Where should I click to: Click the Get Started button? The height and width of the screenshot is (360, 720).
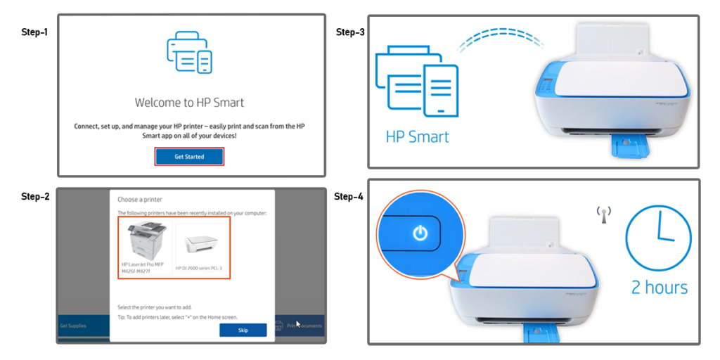point(189,157)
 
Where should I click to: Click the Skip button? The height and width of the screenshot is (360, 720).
point(243,330)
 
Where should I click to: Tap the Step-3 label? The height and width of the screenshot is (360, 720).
point(349,32)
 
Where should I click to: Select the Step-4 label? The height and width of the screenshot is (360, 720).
point(349,196)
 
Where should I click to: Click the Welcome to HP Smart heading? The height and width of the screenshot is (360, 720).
point(189,103)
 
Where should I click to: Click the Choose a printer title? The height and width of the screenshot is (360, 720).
point(139,200)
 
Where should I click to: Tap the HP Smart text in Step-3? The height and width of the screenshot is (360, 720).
point(417,136)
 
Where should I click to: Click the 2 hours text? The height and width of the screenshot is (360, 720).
point(660,287)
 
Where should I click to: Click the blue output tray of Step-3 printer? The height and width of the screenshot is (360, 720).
point(632,148)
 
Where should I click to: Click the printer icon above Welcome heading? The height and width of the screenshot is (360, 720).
point(189,52)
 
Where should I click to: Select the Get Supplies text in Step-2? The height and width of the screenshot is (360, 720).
point(73,326)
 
